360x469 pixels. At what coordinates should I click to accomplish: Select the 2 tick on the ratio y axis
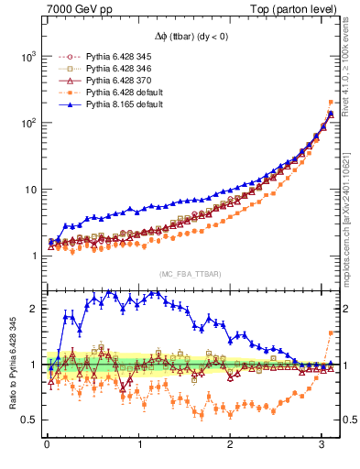pos(33,309)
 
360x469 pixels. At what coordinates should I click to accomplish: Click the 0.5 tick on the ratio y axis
pos(28,420)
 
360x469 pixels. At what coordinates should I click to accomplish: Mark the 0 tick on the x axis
pos(47,445)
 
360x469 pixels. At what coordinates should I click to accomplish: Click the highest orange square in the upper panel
pos(330,103)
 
